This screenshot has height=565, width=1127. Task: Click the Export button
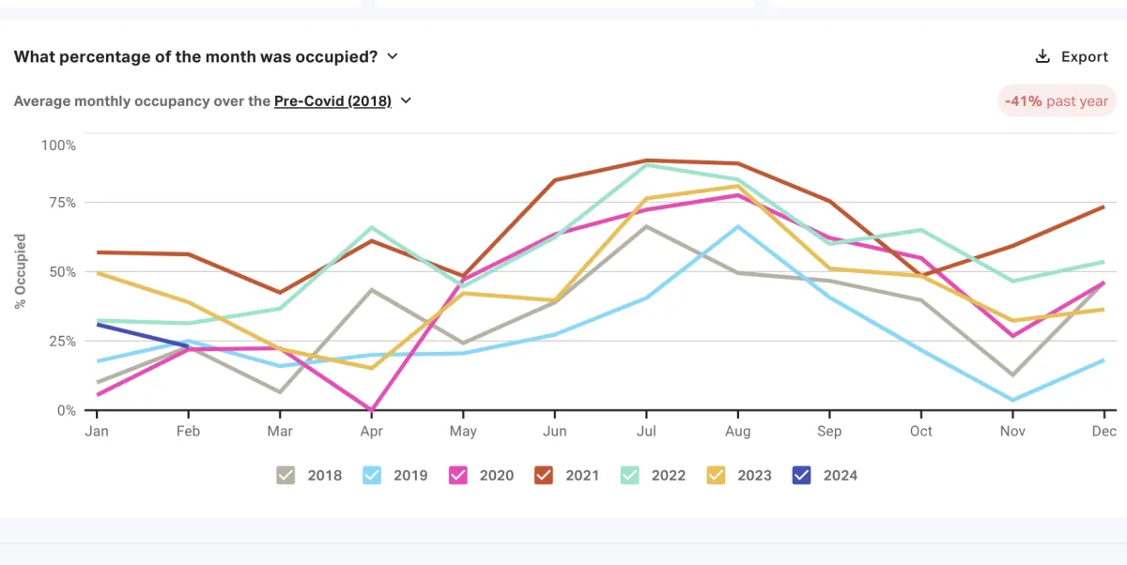1072,56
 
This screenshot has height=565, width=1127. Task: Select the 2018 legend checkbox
286,475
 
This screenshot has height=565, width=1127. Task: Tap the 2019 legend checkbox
372,475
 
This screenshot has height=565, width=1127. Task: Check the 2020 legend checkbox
458,475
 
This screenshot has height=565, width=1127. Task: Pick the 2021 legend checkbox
544,475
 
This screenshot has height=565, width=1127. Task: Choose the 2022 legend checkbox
630,475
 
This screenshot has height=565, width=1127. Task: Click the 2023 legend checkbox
717,475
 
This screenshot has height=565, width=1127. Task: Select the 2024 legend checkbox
802,475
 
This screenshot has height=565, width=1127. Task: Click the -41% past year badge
1057,101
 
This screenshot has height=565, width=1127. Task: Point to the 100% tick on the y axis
58,145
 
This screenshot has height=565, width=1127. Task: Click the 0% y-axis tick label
66,410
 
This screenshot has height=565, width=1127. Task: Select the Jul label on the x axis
646,431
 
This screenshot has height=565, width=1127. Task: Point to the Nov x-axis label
1012,431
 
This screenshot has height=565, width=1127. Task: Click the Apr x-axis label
372,431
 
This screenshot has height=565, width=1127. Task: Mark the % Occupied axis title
21,272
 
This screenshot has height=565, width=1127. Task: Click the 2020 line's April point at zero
372,410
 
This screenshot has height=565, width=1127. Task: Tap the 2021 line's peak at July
646,160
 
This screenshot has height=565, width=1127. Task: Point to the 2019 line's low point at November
1012,401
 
